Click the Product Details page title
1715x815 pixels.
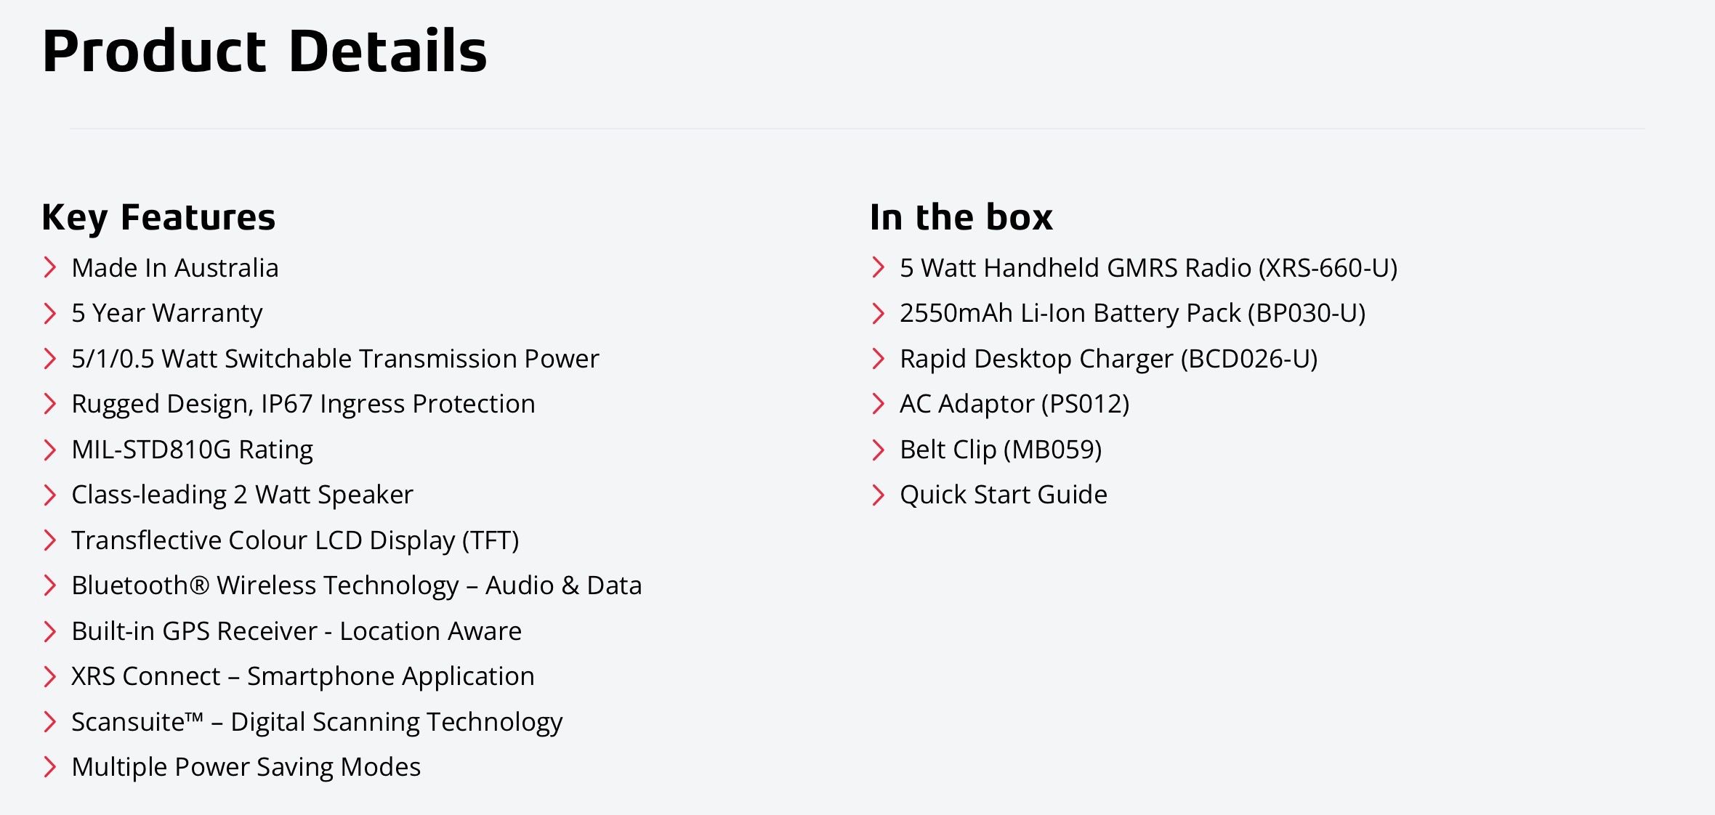point(265,51)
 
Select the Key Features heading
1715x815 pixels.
point(158,217)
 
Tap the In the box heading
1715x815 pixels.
point(961,217)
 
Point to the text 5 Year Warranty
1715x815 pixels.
point(167,313)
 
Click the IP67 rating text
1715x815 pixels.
point(286,404)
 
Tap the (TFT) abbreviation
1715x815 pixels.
point(491,540)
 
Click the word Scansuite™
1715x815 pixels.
point(137,722)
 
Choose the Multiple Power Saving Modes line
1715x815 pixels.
point(246,768)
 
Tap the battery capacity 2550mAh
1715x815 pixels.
point(956,313)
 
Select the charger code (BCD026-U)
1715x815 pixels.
point(1249,359)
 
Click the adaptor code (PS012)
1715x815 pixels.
point(1085,404)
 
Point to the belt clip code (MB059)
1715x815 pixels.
point(1052,450)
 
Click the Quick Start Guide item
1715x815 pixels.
point(1004,495)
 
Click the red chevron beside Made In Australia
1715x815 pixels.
point(49,267)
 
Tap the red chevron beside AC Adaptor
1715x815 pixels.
point(878,403)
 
